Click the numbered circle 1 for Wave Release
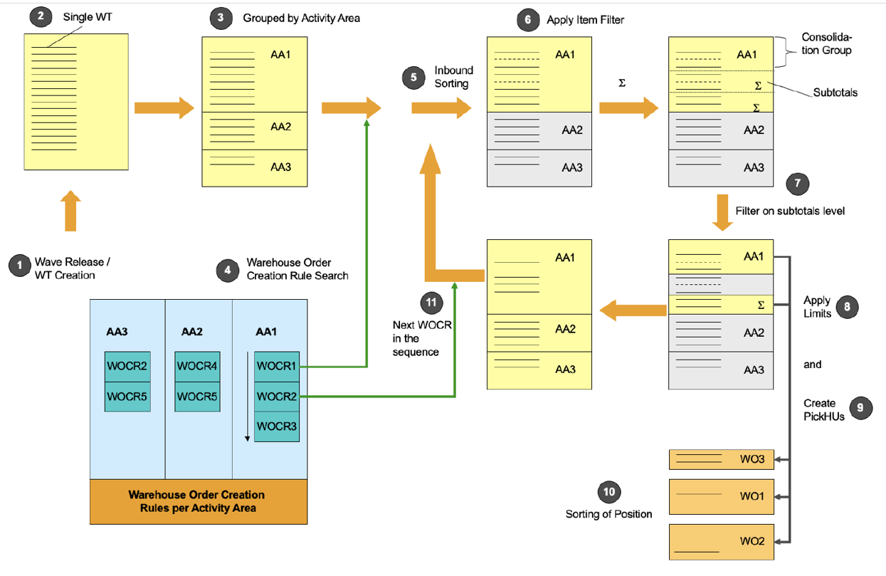(20, 266)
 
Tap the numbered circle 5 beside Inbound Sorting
(413, 76)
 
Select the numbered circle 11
(431, 303)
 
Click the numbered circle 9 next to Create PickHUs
(861, 407)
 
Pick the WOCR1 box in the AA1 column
(276, 367)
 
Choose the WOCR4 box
(197, 367)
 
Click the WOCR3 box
(276, 426)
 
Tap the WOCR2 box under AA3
(127, 367)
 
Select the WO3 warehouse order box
(721, 459)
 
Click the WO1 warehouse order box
(721, 496)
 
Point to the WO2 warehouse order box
(721, 542)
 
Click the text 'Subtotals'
(835, 93)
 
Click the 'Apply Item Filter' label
(585, 20)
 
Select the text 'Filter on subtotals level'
(790, 211)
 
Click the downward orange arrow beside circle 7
(722, 211)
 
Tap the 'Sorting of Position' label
(608, 514)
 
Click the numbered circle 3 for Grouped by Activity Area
(221, 18)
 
